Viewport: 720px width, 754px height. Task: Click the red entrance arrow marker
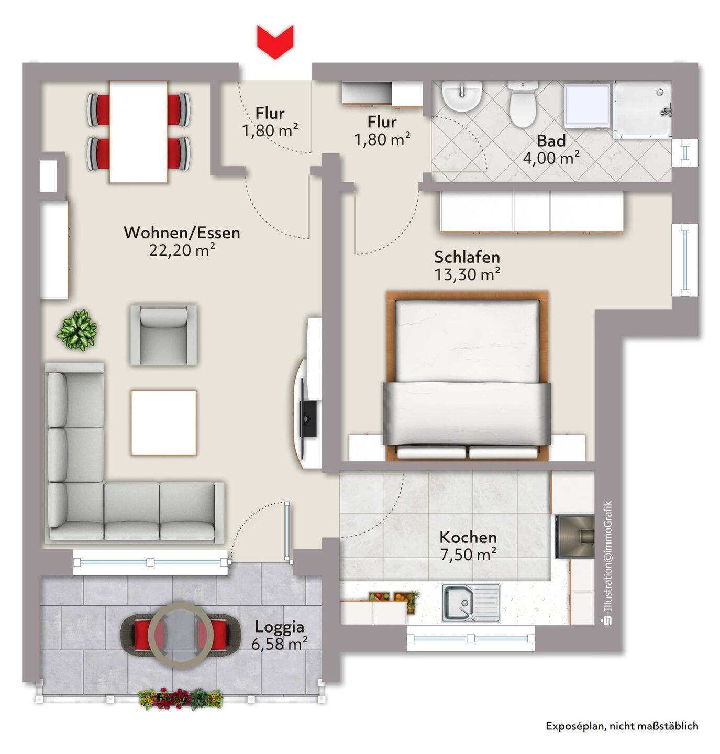(275, 42)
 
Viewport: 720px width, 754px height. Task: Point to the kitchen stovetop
(574, 536)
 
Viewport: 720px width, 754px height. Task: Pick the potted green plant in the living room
(77, 330)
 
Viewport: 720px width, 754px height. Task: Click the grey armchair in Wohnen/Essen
(163, 335)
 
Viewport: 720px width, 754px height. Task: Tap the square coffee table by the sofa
(163, 423)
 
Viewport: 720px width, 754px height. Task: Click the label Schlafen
(467, 257)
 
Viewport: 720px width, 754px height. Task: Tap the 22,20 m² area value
(182, 250)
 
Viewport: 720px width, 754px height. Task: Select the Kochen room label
(468, 537)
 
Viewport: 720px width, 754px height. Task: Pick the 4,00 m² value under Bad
(551, 158)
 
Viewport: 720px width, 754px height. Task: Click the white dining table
(138, 131)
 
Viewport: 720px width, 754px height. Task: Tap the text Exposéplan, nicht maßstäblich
(622, 725)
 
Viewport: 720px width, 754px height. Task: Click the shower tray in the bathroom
(643, 109)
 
